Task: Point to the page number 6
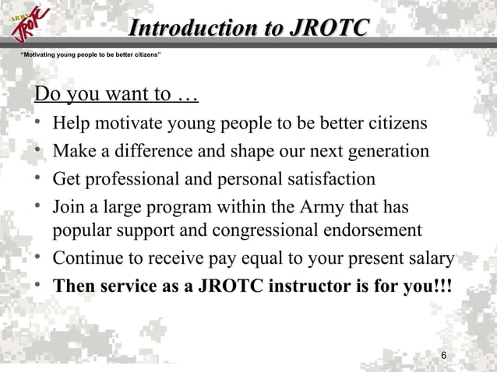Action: [x=443, y=356]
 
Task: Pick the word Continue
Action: [x=84, y=259]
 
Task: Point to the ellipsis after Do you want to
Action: [x=187, y=96]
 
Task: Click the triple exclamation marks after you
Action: [x=440, y=286]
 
